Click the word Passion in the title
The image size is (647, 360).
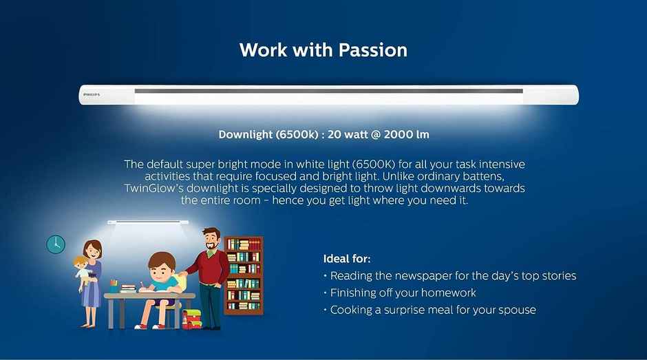373,50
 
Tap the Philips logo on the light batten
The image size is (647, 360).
92,94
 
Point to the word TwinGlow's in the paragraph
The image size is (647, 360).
153,188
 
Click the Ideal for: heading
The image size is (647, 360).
347,259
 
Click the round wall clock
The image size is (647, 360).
56,244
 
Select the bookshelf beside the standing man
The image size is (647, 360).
244,275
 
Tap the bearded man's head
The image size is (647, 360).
211,239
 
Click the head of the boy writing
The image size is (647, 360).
161,266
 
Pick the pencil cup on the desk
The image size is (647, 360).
114,286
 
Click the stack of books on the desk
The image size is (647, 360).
128,288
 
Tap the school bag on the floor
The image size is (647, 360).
192,319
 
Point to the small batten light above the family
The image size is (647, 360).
148,222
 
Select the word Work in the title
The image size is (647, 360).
263,50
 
